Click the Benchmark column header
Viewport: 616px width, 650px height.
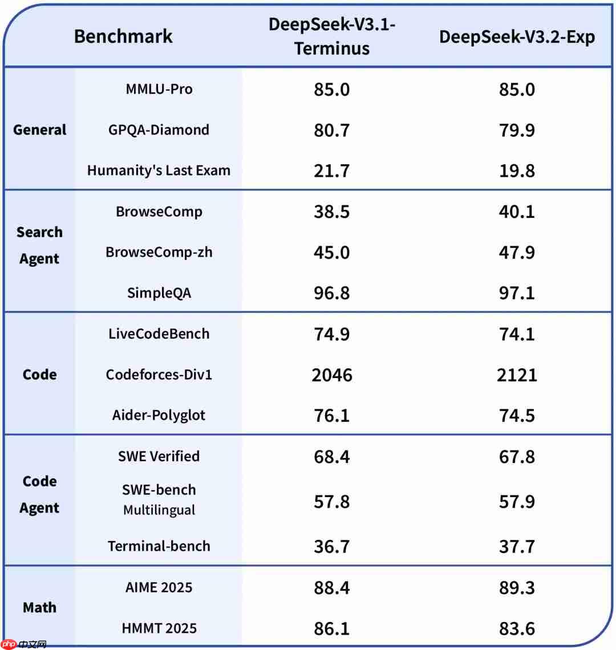tap(123, 36)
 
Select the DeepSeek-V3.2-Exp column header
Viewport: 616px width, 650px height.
tap(517, 37)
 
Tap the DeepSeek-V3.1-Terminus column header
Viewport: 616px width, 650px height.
tap(332, 36)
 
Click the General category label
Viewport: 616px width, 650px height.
tap(40, 129)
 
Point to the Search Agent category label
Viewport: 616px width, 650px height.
tap(39, 245)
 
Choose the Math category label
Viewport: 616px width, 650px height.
tap(39, 607)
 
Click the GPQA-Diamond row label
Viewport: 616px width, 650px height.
tap(159, 129)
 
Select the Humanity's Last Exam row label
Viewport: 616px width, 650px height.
tap(159, 170)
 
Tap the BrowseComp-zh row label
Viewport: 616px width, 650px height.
tap(159, 252)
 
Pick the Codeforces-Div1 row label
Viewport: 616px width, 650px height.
tap(159, 375)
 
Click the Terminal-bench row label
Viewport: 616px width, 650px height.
tap(159, 546)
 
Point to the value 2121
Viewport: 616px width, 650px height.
tap(517, 375)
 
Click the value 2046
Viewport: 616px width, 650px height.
tap(332, 375)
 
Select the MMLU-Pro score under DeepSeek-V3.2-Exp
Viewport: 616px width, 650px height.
tap(517, 89)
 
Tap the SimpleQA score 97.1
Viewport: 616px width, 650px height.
tap(517, 293)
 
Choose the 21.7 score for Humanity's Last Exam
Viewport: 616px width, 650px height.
tap(332, 170)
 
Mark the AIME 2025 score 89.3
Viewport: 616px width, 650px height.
tap(517, 588)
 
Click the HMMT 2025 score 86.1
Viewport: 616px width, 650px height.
tap(332, 628)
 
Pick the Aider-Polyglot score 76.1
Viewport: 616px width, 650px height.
tap(332, 415)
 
